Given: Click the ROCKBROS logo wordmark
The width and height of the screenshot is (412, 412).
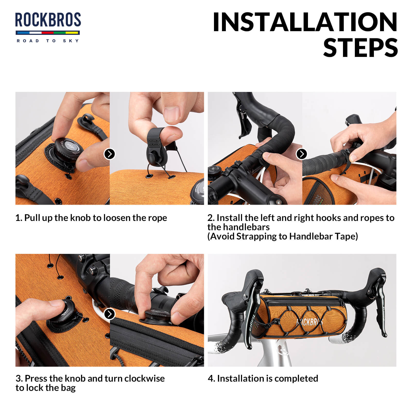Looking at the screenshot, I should click(x=48, y=20).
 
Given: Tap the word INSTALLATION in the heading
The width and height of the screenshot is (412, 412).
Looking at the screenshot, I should click(x=305, y=22).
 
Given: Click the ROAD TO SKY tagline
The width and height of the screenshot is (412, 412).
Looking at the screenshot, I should click(x=48, y=41).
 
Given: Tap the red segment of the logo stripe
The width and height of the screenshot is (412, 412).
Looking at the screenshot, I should click(x=47, y=33).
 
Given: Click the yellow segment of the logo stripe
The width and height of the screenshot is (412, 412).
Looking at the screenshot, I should click(x=72, y=33).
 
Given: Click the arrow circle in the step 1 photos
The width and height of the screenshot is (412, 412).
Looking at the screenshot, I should click(x=109, y=154).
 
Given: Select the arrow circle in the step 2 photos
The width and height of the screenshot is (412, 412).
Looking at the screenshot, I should click(x=302, y=154).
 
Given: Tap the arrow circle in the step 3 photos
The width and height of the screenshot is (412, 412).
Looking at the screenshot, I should click(x=109, y=314).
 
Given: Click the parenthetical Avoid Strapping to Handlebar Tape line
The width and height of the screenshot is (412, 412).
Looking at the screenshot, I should click(x=282, y=236).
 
